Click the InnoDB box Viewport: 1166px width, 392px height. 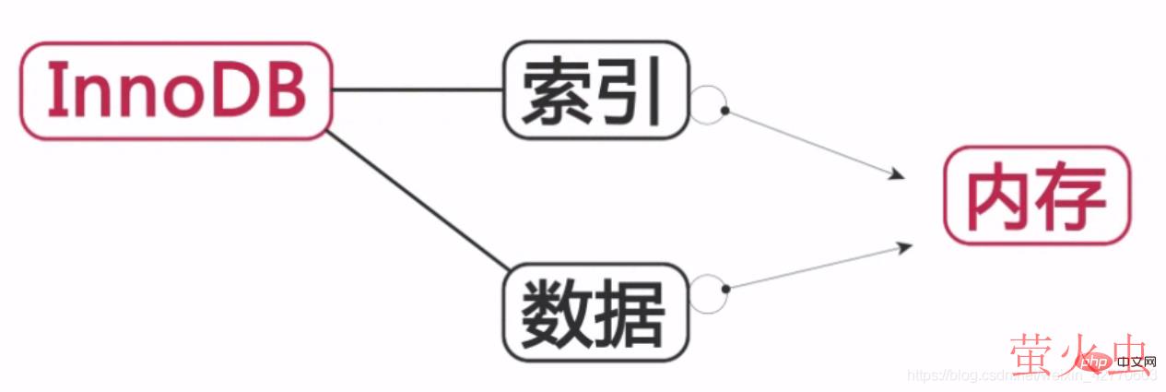[x=174, y=90]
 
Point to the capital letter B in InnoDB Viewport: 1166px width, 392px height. [x=285, y=90]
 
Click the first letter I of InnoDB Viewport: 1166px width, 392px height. [x=53, y=90]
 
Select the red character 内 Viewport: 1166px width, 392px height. [x=1001, y=196]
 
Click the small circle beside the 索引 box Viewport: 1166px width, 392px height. [x=709, y=105]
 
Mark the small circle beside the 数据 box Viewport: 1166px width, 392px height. [x=709, y=293]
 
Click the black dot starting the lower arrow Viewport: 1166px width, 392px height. [x=725, y=289]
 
